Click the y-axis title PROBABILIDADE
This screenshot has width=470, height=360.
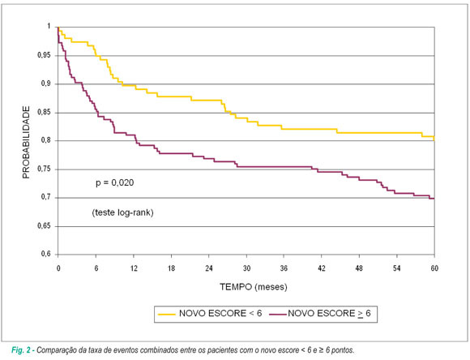coord(26,142)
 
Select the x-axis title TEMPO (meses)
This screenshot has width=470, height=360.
coord(254,287)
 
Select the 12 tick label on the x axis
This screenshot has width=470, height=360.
coord(134,268)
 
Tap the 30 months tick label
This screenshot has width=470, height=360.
coord(246,268)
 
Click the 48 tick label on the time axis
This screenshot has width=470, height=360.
coord(359,268)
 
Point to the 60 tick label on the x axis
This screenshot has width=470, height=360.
coord(434,268)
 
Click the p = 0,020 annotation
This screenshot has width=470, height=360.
coord(114,182)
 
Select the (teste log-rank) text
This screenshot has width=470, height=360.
coord(122,212)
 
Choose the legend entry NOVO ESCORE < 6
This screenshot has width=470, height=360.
coord(220,314)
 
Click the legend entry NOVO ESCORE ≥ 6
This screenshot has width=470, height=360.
coord(329,314)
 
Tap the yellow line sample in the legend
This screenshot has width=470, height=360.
coord(167,314)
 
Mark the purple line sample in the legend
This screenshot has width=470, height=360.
coord(278,314)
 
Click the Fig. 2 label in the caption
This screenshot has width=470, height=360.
coord(21,350)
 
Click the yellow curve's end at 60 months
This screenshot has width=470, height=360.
coord(434,139)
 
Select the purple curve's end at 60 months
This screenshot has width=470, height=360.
coord(434,199)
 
